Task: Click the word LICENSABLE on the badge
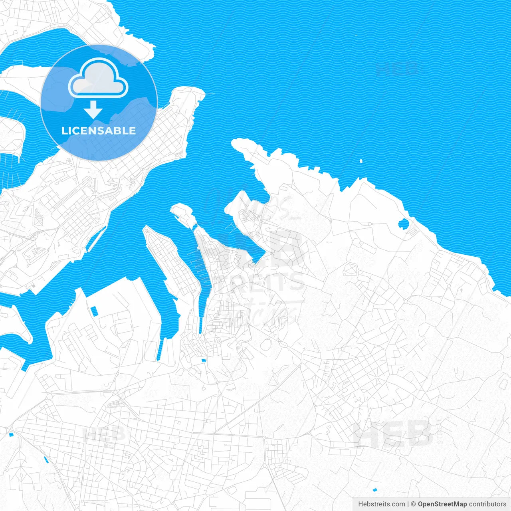99,131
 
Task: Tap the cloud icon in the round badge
98,78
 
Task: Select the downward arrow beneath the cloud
93,110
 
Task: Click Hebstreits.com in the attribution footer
381,504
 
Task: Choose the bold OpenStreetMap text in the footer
442,504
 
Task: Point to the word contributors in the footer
487,504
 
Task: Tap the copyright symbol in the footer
413,504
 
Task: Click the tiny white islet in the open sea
361,161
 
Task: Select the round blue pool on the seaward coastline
404,224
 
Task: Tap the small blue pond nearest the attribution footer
374,490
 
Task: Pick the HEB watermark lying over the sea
397,69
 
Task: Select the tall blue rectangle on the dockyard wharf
95,311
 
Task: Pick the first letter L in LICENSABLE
64,131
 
